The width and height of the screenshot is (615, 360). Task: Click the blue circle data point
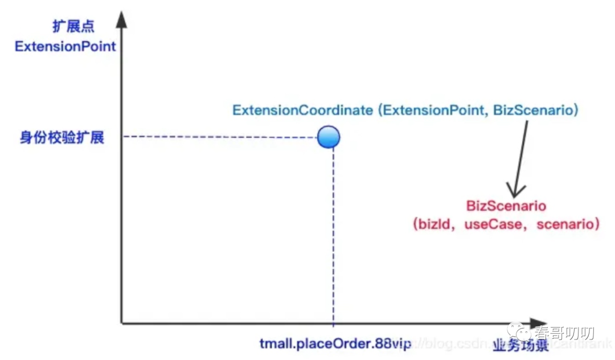point(329,137)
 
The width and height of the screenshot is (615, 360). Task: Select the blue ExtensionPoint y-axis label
point(65,46)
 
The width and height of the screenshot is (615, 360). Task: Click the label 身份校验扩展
point(62,137)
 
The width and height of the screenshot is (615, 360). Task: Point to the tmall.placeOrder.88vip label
point(335,345)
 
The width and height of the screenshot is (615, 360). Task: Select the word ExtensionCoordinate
point(302,110)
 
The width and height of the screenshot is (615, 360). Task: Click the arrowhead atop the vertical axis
point(121,21)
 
